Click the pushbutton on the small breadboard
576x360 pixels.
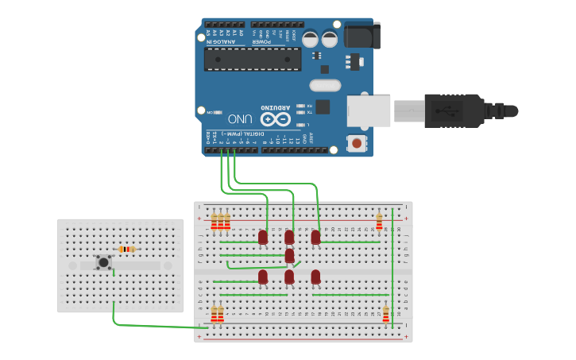[103, 261]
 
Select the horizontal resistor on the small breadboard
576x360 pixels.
[127, 249]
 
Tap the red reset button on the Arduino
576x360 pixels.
[357, 144]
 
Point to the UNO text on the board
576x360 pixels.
[241, 119]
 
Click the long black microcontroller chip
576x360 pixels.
[253, 59]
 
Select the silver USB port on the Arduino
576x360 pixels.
[369, 109]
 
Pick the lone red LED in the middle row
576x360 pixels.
[289, 255]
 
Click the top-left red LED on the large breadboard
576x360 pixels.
[263, 236]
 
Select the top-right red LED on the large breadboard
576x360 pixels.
[315, 236]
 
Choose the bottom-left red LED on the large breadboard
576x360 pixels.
[263, 276]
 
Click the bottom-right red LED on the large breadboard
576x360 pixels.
[315, 276]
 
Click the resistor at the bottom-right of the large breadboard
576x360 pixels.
[386, 315]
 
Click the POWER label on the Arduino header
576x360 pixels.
[261, 42]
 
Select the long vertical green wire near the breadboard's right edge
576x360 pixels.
[392, 270]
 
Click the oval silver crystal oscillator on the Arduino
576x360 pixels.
[324, 85]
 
